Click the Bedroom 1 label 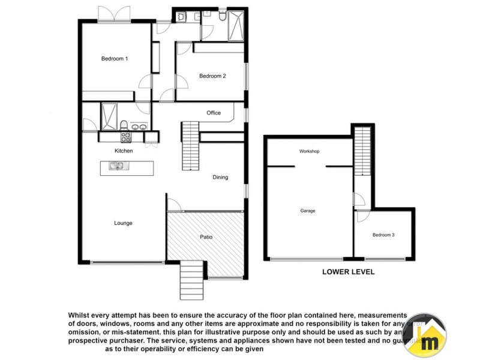click(114, 58)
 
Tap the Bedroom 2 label click(212, 76)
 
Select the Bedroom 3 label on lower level click(383, 235)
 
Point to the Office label click(214, 113)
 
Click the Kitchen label click(124, 151)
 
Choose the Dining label click(220, 177)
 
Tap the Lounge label click(123, 223)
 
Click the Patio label click(206, 237)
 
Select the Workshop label click(309, 151)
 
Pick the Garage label click(308, 211)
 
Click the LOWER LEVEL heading click(348, 272)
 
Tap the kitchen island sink click(116, 166)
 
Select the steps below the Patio click(191, 280)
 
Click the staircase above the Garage click(362, 150)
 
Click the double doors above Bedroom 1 click(115, 14)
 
